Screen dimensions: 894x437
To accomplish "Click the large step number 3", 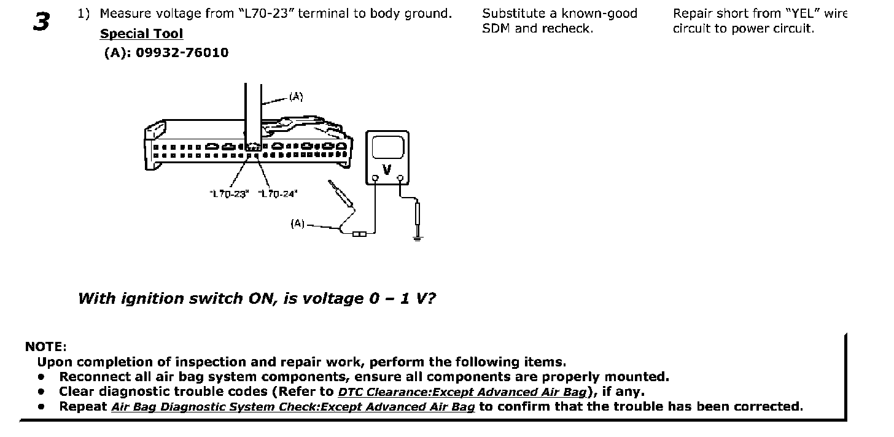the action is coord(41,21).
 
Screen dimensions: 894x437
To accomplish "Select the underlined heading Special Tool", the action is coord(141,34).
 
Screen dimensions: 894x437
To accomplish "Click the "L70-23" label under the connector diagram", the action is coord(228,194).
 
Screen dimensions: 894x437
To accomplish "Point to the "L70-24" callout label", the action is coord(278,194).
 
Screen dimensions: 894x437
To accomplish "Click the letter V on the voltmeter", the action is coord(387,169).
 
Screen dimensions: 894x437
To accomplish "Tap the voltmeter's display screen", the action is coord(387,147).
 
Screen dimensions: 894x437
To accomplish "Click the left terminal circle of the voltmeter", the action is coord(375,179).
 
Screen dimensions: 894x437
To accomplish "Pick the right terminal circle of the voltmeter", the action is coord(400,179).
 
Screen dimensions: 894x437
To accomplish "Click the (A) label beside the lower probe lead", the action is coord(297,224).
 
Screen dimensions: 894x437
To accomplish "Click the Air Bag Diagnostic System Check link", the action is coord(293,407).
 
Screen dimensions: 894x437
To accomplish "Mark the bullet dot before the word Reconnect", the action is coord(41,377).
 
